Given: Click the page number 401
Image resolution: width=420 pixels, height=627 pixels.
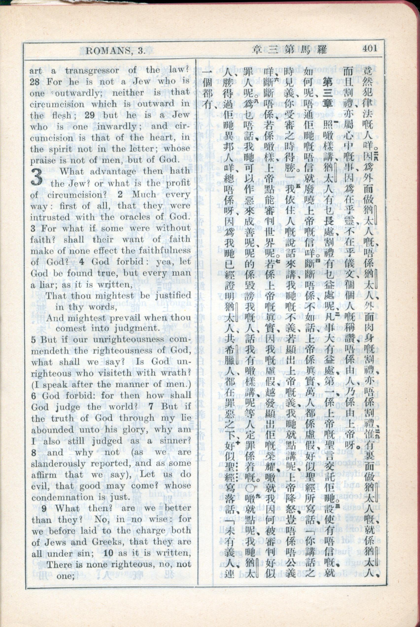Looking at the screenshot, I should [x=370, y=49].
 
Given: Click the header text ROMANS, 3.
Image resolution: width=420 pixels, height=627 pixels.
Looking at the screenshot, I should [x=115, y=50].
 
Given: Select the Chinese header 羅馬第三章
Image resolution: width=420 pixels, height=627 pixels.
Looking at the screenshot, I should [x=289, y=50].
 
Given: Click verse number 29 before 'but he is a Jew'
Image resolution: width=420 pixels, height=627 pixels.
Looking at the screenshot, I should [x=90, y=115].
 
